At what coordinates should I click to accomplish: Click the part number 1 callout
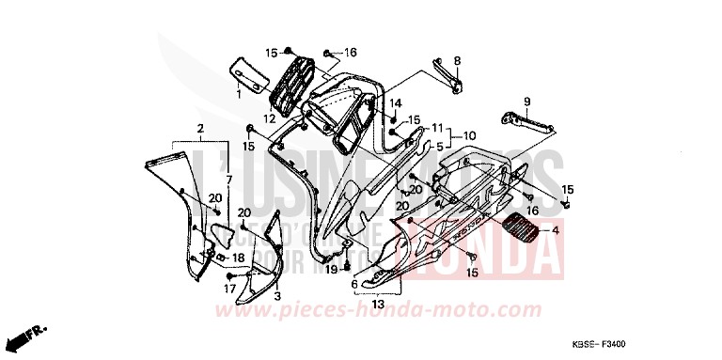[239, 94]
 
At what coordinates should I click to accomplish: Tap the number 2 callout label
[200, 128]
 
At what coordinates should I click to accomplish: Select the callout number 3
[278, 295]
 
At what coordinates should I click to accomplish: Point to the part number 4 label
[554, 230]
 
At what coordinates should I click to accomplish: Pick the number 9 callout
[526, 102]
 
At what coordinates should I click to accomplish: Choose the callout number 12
[269, 118]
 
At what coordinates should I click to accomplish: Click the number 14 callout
[396, 102]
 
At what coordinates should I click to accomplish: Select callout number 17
[228, 290]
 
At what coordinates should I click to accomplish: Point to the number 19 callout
[331, 270]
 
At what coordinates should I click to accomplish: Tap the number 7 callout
[227, 178]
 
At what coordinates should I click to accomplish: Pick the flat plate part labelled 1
[249, 71]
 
